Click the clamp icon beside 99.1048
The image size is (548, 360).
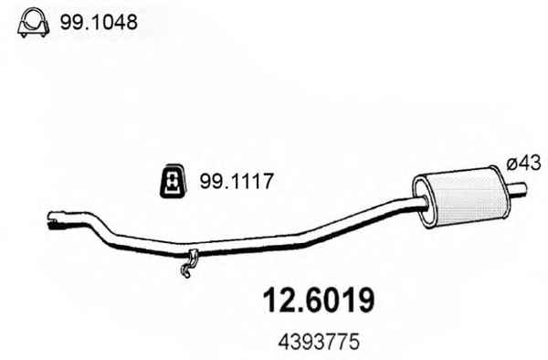click(x=33, y=22)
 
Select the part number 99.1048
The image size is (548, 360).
click(x=99, y=22)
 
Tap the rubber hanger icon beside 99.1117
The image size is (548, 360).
click(x=173, y=181)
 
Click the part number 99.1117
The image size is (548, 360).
click(x=236, y=182)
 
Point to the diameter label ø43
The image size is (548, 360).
click(x=524, y=163)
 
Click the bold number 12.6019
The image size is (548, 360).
click(x=319, y=301)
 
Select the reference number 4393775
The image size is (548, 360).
click(x=319, y=342)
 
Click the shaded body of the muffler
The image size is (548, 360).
click(x=465, y=197)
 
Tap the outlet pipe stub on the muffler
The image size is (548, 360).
click(x=517, y=189)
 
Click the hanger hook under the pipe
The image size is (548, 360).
click(x=189, y=263)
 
